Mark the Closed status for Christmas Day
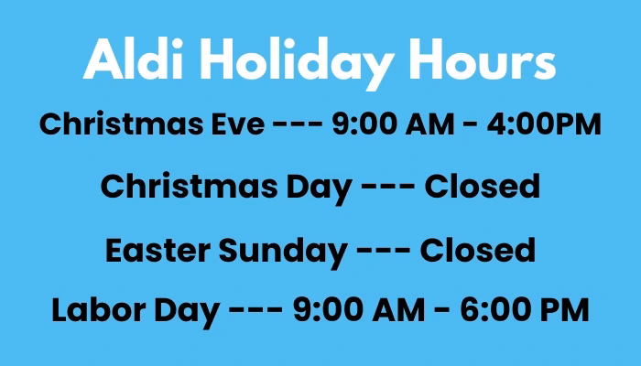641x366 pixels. (x=482, y=187)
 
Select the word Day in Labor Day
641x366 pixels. (x=189, y=310)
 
